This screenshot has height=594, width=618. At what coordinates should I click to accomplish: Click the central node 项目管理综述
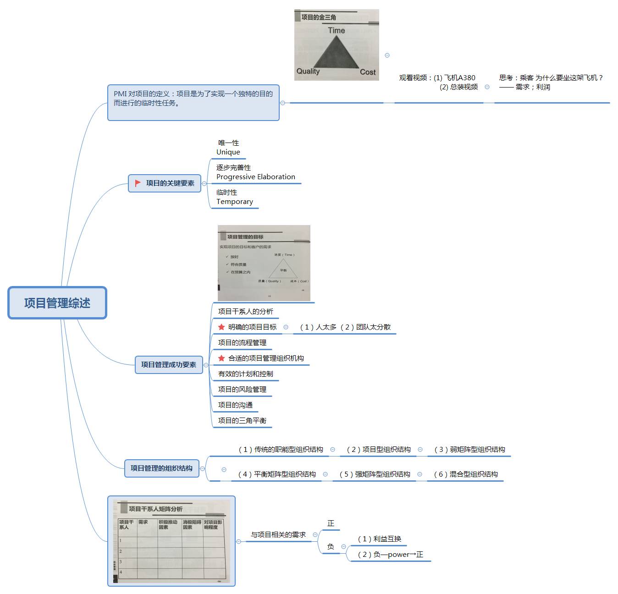pyautogui.click(x=57, y=303)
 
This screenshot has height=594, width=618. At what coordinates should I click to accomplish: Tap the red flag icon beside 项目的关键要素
pyautogui.click(x=138, y=183)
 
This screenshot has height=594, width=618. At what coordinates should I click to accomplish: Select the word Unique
pyautogui.click(x=228, y=152)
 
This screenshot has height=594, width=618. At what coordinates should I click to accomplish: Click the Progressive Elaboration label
pyautogui.click(x=256, y=177)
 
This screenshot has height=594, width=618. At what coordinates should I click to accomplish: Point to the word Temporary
pyautogui.click(x=235, y=202)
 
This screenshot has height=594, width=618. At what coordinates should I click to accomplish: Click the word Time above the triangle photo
pyautogui.click(x=336, y=30)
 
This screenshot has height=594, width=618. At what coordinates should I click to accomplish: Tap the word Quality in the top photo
pyautogui.click(x=308, y=71)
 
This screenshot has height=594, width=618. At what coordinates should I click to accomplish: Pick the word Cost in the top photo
pyautogui.click(x=367, y=72)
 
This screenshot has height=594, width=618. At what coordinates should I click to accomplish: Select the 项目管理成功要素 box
pyautogui.click(x=169, y=365)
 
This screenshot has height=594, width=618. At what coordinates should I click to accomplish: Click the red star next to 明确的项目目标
pyautogui.click(x=221, y=327)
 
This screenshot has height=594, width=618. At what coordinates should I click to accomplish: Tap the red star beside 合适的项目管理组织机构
pyautogui.click(x=221, y=358)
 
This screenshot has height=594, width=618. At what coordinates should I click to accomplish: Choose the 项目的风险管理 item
pyautogui.click(x=242, y=390)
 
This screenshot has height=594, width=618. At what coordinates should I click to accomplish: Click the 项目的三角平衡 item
pyautogui.click(x=242, y=421)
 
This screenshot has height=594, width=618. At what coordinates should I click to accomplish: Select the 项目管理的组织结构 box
pyautogui.click(x=161, y=468)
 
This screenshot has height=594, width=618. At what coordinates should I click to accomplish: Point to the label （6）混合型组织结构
pyautogui.click(x=466, y=474)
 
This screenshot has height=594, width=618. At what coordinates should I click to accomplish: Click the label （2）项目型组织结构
pyautogui.click(x=379, y=450)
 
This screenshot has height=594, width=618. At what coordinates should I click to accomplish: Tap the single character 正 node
pyautogui.click(x=331, y=523)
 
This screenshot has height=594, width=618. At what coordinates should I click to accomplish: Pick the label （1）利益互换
pyautogui.click(x=380, y=539)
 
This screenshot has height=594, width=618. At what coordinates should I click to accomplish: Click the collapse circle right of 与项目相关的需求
pyautogui.click(x=315, y=534)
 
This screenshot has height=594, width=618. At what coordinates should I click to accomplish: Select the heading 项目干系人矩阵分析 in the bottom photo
pyautogui.click(x=155, y=509)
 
